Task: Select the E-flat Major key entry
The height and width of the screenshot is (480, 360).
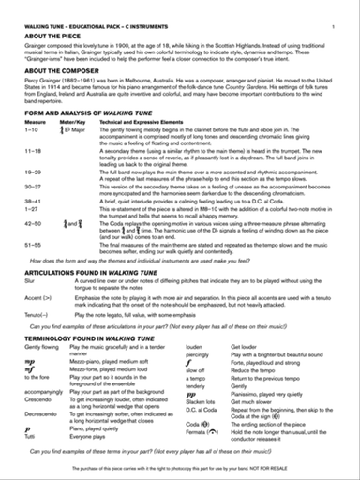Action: pyautogui.click(x=78, y=129)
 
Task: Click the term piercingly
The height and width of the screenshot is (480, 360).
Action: pyautogui.click(x=207, y=354)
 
